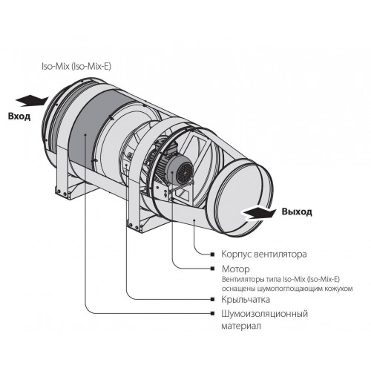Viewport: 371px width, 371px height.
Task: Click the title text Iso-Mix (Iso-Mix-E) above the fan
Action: [x=76, y=67]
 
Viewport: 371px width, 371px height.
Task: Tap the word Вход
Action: [x=19, y=116]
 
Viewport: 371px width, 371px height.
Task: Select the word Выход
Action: [x=297, y=211]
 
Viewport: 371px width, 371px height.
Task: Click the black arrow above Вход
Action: [x=32, y=101]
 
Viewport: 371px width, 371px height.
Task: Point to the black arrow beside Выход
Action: [x=259, y=213]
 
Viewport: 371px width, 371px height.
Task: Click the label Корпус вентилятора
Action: [x=264, y=254]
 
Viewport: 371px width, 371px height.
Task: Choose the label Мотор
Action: [x=235, y=269]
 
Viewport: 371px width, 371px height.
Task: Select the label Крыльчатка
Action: [x=246, y=300]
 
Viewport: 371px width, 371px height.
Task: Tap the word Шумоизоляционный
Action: [x=264, y=314]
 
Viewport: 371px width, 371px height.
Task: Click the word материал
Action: [x=241, y=326]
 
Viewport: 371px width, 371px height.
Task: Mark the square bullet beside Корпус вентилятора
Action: [x=212, y=255]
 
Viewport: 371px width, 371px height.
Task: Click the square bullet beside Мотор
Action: [x=212, y=269]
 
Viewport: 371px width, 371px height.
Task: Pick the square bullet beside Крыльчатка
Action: [x=212, y=299]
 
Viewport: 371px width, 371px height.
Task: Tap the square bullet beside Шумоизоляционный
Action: [x=212, y=313]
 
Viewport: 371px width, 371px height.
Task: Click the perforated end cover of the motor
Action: [x=185, y=171]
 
